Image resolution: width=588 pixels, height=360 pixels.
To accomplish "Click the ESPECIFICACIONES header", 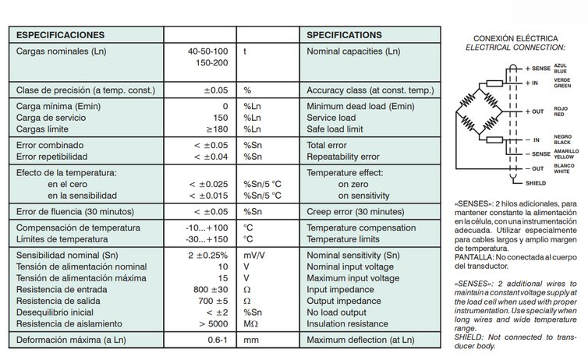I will [61, 35].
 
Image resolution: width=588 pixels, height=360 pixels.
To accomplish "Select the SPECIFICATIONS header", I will [344, 35].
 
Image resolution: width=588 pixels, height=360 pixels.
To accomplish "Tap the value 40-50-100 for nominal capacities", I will [207, 51].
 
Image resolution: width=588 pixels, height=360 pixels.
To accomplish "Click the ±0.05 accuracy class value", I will [216, 90].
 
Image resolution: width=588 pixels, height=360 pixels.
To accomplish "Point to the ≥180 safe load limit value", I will [218, 128].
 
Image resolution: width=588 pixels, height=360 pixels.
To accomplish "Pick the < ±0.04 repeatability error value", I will [210, 156].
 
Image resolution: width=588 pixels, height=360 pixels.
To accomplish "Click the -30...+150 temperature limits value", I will [207, 238].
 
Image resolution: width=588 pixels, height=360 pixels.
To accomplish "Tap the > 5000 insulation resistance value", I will [214, 323].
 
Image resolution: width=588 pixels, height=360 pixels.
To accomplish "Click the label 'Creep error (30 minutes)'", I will [360, 211].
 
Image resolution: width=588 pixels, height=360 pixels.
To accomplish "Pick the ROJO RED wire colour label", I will [561, 111].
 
